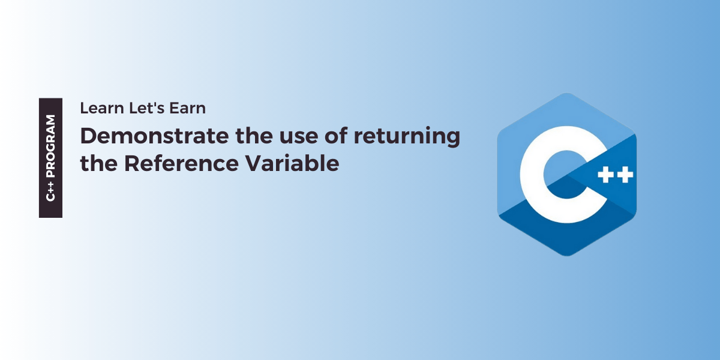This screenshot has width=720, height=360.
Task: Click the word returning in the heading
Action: tap(407, 137)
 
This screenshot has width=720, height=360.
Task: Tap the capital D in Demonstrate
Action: tap(88, 137)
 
